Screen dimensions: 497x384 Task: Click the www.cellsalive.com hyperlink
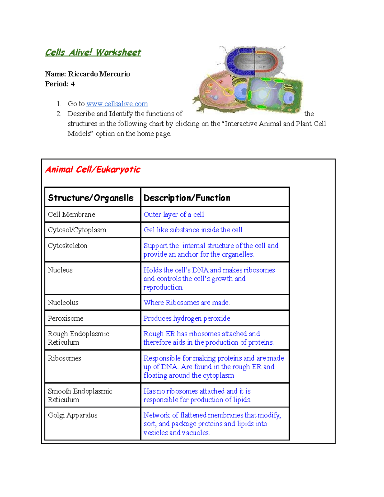click(117, 104)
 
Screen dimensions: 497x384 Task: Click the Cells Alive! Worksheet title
click(93, 52)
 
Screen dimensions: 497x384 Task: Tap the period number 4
click(73, 84)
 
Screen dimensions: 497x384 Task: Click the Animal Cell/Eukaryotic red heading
click(93, 170)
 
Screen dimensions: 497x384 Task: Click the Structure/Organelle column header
click(91, 198)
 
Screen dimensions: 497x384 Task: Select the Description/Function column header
click(187, 198)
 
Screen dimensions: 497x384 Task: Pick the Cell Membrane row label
click(71, 215)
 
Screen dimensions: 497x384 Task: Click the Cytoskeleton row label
click(68, 246)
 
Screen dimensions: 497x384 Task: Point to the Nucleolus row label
click(63, 303)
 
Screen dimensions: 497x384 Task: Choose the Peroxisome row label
click(66, 318)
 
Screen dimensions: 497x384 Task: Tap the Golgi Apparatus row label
click(73, 415)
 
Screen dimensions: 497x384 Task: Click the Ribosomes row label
click(64, 358)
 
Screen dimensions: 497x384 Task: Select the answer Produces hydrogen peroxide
click(187, 318)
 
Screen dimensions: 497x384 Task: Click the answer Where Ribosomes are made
click(187, 303)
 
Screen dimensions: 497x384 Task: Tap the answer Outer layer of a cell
click(174, 215)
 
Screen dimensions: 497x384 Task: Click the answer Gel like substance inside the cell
click(193, 230)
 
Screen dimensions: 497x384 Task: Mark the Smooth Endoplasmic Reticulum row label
click(80, 396)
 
